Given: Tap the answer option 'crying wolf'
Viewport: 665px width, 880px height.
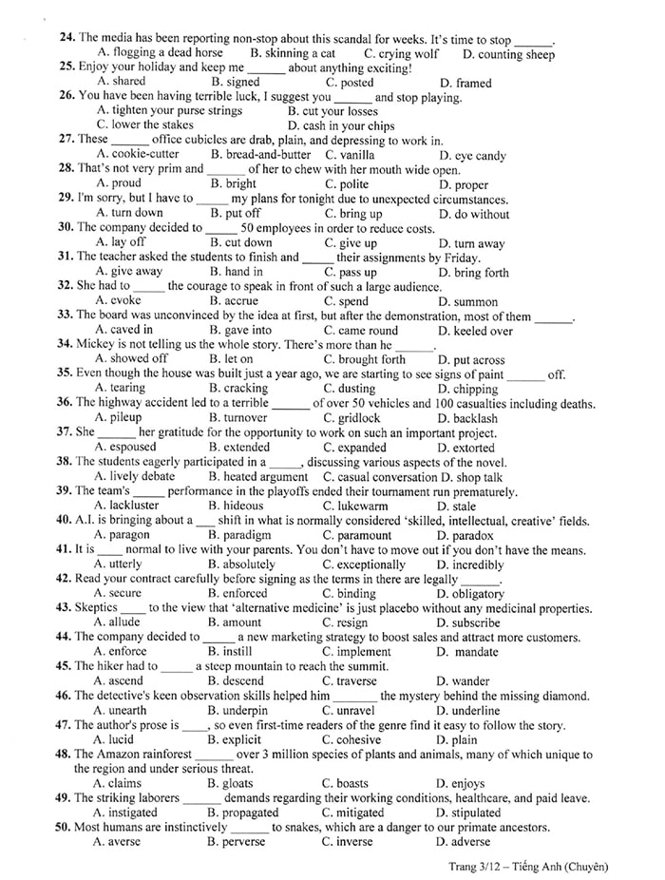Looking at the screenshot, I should click(x=408, y=53).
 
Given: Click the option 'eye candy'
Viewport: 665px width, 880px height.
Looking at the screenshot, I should click(x=480, y=155).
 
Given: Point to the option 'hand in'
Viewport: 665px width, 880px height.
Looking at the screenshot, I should click(x=243, y=272).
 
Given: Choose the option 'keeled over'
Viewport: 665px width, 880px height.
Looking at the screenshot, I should click(x=482, y=331).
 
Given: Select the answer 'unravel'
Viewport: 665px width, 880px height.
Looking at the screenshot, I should click(x=353, y=710).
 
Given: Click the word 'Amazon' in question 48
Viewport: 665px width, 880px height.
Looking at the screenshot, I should click(x=122, y=755).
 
